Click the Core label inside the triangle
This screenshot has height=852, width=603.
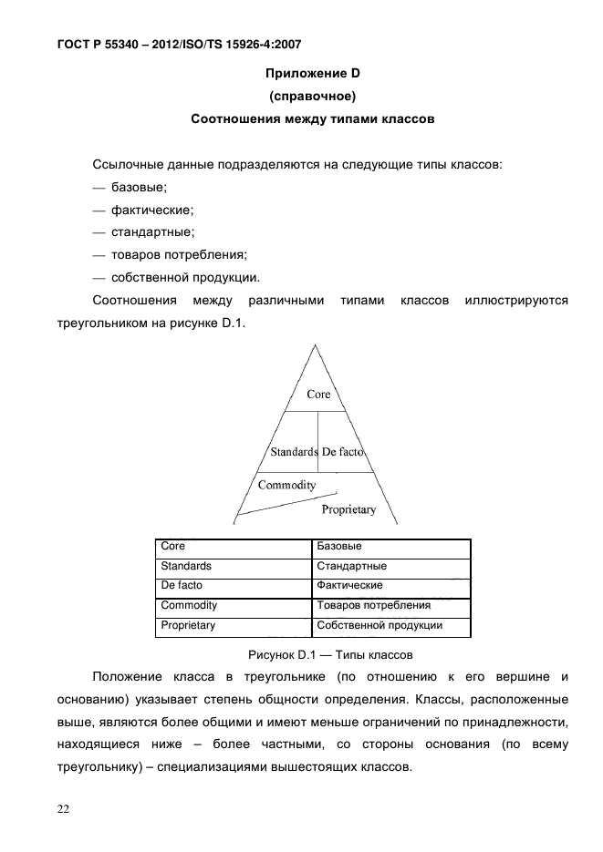coord(318,395)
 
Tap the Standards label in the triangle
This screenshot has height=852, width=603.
coord(294,452)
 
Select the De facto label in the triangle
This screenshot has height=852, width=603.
coord(343,452)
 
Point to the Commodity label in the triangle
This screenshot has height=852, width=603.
coord(286,485)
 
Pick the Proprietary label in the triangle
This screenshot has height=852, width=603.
coord(349,509)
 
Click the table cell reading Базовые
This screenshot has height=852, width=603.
coord(338,547)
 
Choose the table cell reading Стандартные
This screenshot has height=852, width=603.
coord(351,567)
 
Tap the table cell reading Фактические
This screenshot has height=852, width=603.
coord(349,586)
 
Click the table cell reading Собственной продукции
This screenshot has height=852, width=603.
coord(379,626)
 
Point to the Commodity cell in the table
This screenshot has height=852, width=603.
coord(188,606)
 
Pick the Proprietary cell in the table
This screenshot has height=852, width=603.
coord(188,626)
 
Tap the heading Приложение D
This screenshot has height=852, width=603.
coord(313,73)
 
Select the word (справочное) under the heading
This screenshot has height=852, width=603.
coord(313,96)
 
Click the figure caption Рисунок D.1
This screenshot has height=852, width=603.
coord(331,654)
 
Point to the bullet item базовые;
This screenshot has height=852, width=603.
coord(139,187)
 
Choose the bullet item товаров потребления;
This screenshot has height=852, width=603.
coord(180,255)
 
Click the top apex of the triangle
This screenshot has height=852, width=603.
coord(317,344)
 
